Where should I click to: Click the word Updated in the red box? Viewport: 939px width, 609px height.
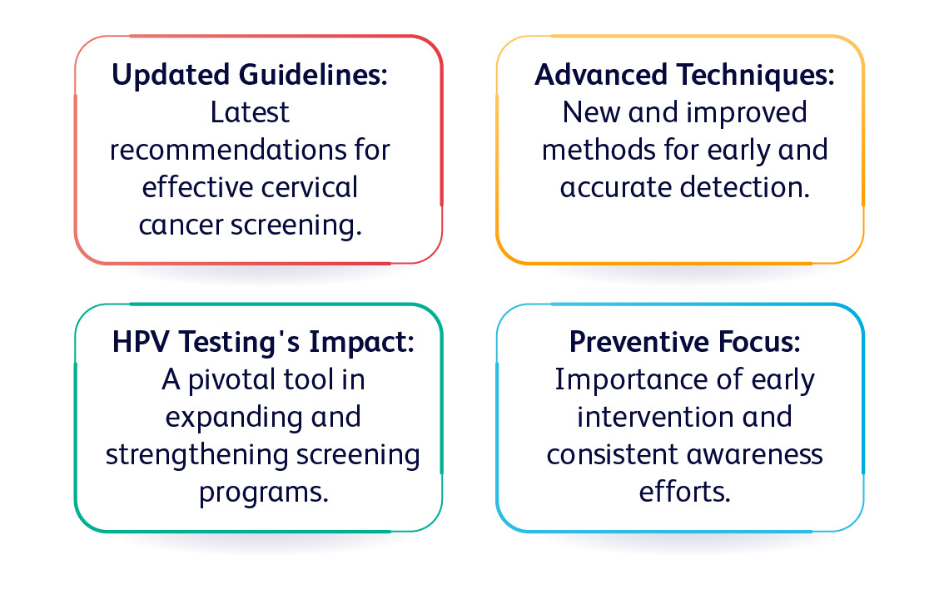(x=171, y=76)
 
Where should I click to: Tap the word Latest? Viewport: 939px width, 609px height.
(x=250, y=112)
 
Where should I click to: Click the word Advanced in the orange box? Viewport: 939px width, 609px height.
(x=601, y=75)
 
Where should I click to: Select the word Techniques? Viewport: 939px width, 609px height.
(x=755, y=76)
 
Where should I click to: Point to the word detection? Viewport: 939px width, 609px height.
(x=745, y=188)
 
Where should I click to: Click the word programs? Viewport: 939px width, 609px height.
(x=264, y=493)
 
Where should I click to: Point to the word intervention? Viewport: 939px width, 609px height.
(x=655, y=417)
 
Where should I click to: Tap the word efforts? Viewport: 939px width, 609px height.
(x=684, y=492)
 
